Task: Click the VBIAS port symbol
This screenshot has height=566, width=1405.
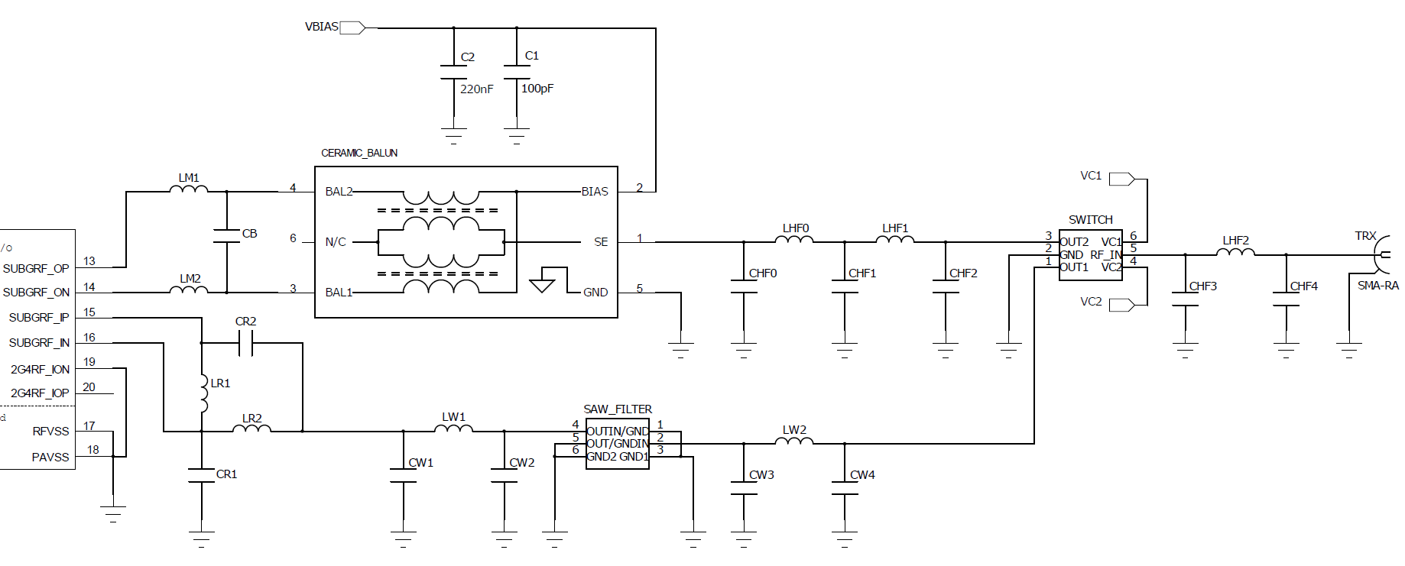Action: click(x=352, y=27)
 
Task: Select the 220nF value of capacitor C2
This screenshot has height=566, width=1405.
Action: click(x=476, y=89)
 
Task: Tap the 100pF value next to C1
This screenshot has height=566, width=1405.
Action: click(x=537, y=89)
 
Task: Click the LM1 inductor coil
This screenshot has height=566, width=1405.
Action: click(x=188, y=188)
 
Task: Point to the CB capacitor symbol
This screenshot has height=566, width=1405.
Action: click(x=227, y=235)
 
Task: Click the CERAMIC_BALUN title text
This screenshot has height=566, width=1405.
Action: click(x=359, y=153)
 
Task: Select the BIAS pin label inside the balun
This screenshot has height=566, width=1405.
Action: click(x=594, y=192)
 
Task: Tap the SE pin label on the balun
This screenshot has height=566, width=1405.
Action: click(x=601, y=242)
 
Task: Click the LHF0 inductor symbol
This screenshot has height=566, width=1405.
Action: click(x=794, y=239)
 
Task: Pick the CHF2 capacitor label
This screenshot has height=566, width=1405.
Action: click(x=963, y=273)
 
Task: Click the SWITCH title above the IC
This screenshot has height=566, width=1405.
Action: click(x=1090, y=220)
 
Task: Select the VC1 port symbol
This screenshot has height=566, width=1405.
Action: click(x=1121, y=179)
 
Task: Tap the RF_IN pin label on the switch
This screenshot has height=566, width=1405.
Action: click(x=1105, y=255)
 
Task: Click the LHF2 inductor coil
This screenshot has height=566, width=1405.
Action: click(x=1235, y=251)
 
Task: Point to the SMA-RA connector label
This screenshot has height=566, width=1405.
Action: click(x=1377, y=286)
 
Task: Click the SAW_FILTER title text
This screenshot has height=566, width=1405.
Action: click(x=618, y=409)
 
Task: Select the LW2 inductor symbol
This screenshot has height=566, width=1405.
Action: click(x=794, y=440)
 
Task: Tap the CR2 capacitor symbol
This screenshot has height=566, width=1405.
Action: click(x=245, y=348)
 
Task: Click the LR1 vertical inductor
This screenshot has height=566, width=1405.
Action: click(x=203, y=393)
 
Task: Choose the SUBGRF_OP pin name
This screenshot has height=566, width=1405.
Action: click(x=35, y=269)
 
